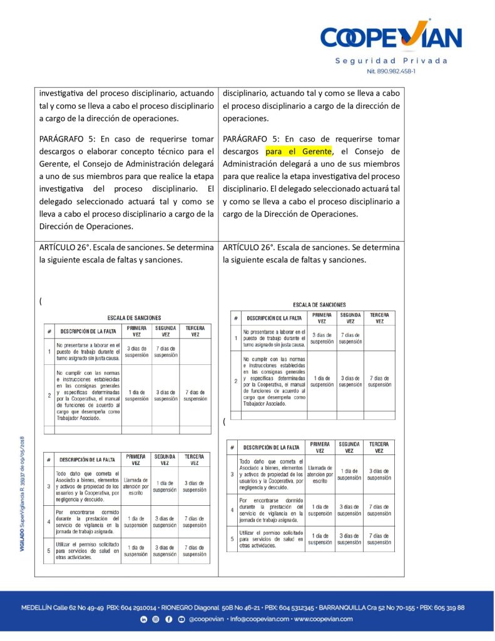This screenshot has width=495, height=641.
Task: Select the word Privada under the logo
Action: click(x=425, y=61)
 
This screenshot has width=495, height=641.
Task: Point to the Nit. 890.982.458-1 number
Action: click(x=391, y=71)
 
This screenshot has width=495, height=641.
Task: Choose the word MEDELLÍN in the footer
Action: click(x=36, y=608)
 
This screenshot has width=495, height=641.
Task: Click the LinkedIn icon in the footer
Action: click(x=143, y=619)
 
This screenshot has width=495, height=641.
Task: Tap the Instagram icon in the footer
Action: click(x=156, y=619)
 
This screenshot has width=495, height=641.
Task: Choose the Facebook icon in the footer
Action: click(x=169, y=619)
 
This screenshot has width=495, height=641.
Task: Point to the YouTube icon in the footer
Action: click(x=181, y=619)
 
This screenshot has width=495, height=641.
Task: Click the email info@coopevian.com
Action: click(x=258, y=619)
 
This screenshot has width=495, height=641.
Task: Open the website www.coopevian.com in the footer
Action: click(x=323, y=619)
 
